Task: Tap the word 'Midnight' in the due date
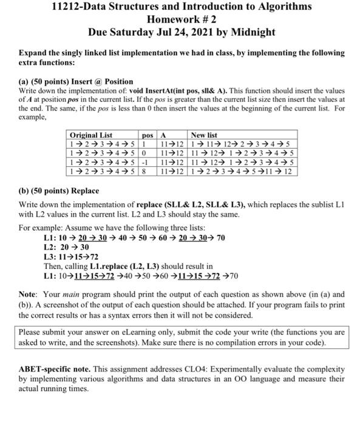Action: [x=250, y=32]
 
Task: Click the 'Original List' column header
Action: [x=91, y=135]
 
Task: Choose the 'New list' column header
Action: [x=204, y=135]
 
